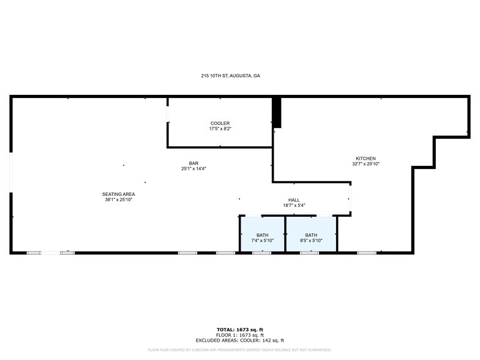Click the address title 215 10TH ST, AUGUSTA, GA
[231, 76]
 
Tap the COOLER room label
[220, 124]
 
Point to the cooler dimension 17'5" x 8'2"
[220, 129]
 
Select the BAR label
[193, 163]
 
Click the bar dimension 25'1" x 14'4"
[193, 169]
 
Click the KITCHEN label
[366, 159]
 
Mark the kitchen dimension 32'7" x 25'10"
[366, 164]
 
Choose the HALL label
[294, 200]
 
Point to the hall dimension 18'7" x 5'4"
[294, 206]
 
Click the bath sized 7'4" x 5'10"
[262, 238]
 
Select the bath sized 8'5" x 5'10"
[311, 238]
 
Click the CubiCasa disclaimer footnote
[239, 350]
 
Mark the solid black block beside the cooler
[277, 112]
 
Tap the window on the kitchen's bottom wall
[367, 253]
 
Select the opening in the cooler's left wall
[168, 114]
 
